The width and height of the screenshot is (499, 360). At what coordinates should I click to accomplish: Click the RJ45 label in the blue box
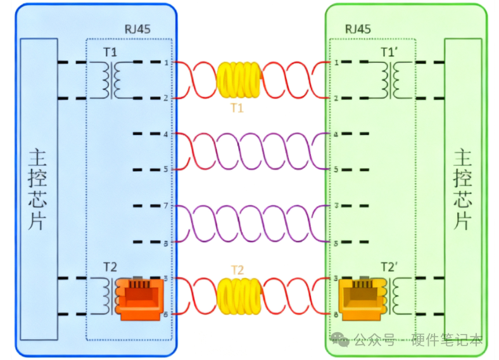pos(137,30)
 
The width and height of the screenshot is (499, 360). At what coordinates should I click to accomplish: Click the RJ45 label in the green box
pos(358,30)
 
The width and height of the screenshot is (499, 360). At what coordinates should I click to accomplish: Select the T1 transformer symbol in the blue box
pos(113,80)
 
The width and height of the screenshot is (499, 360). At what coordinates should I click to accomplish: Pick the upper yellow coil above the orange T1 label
pos(238,80)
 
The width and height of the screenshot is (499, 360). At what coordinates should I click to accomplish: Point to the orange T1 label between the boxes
pos(237,108)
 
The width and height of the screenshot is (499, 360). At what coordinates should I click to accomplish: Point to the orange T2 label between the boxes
pos(237,270)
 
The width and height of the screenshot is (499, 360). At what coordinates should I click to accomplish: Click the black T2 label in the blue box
pos(111,266)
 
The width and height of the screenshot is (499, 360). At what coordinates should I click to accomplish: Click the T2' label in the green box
pos(389,266)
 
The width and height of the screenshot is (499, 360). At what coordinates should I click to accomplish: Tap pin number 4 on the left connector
pos(166,134)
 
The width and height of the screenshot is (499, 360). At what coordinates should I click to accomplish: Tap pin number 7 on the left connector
pos(166,206)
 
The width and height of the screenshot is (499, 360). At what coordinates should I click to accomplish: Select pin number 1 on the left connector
pos(166,63)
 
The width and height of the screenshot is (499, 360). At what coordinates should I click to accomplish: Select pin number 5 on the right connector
pos(335,169)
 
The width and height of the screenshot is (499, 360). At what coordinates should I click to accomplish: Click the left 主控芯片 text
pos(39,189)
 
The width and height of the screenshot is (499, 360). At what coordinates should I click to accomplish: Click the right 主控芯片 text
pos(463,189)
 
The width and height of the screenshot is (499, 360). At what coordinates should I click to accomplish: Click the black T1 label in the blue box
pos(110,51)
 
